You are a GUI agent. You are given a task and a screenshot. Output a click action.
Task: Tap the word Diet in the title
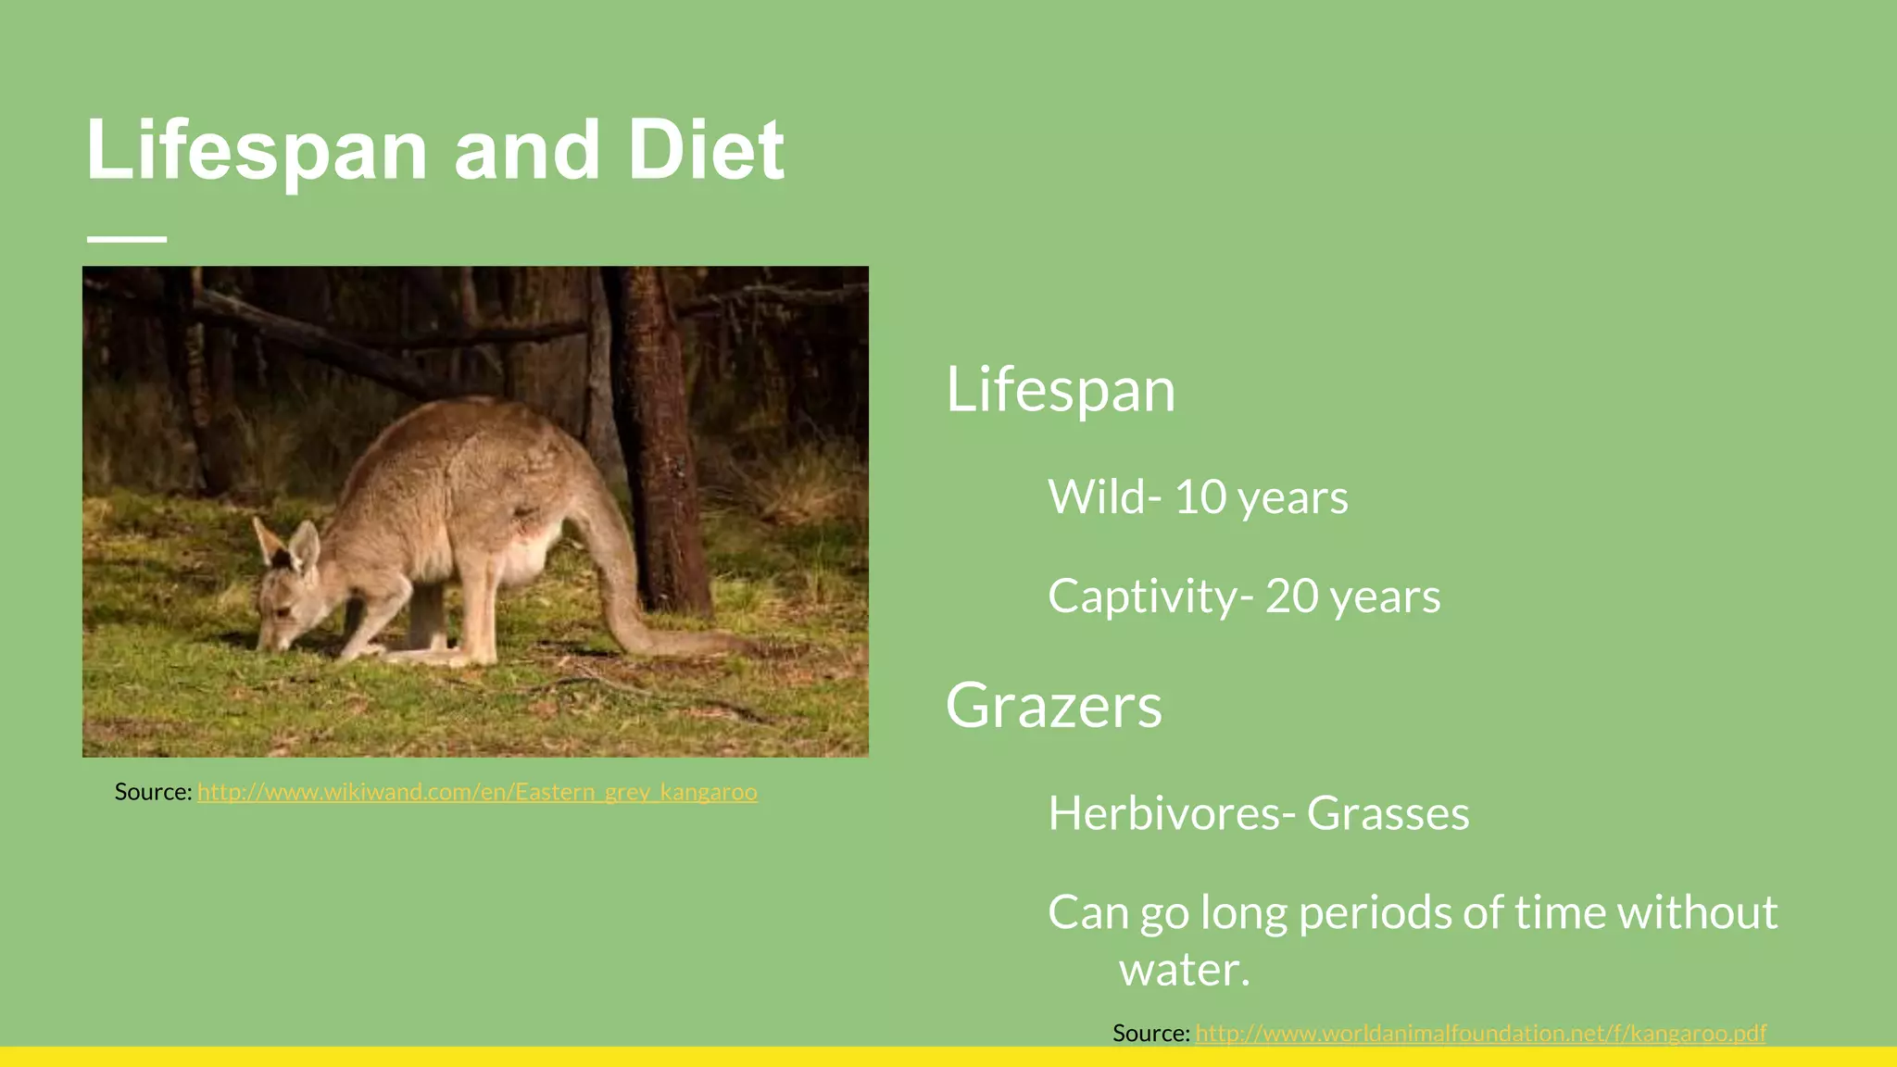[705, 151]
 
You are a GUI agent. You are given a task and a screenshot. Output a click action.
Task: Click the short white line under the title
[127, 239]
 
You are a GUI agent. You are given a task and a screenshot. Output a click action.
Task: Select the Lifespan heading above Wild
[1060, 390]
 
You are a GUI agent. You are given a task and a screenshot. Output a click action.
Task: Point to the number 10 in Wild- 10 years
[1200, 497]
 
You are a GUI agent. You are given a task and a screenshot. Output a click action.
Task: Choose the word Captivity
[1142, 596]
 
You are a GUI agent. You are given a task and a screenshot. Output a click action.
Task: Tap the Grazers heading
[1053, 706]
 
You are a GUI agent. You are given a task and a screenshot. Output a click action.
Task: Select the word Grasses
[1388, 814]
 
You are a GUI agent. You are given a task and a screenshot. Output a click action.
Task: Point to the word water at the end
[1184, 970]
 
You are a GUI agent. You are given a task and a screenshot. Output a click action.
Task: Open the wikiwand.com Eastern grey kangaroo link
[477, 792]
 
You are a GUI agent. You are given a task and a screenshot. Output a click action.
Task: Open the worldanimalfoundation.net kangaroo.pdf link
[1480, 1033]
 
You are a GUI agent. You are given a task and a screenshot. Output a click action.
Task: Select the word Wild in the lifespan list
[1097, 497]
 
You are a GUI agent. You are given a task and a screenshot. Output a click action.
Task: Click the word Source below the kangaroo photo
[152, 792]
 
